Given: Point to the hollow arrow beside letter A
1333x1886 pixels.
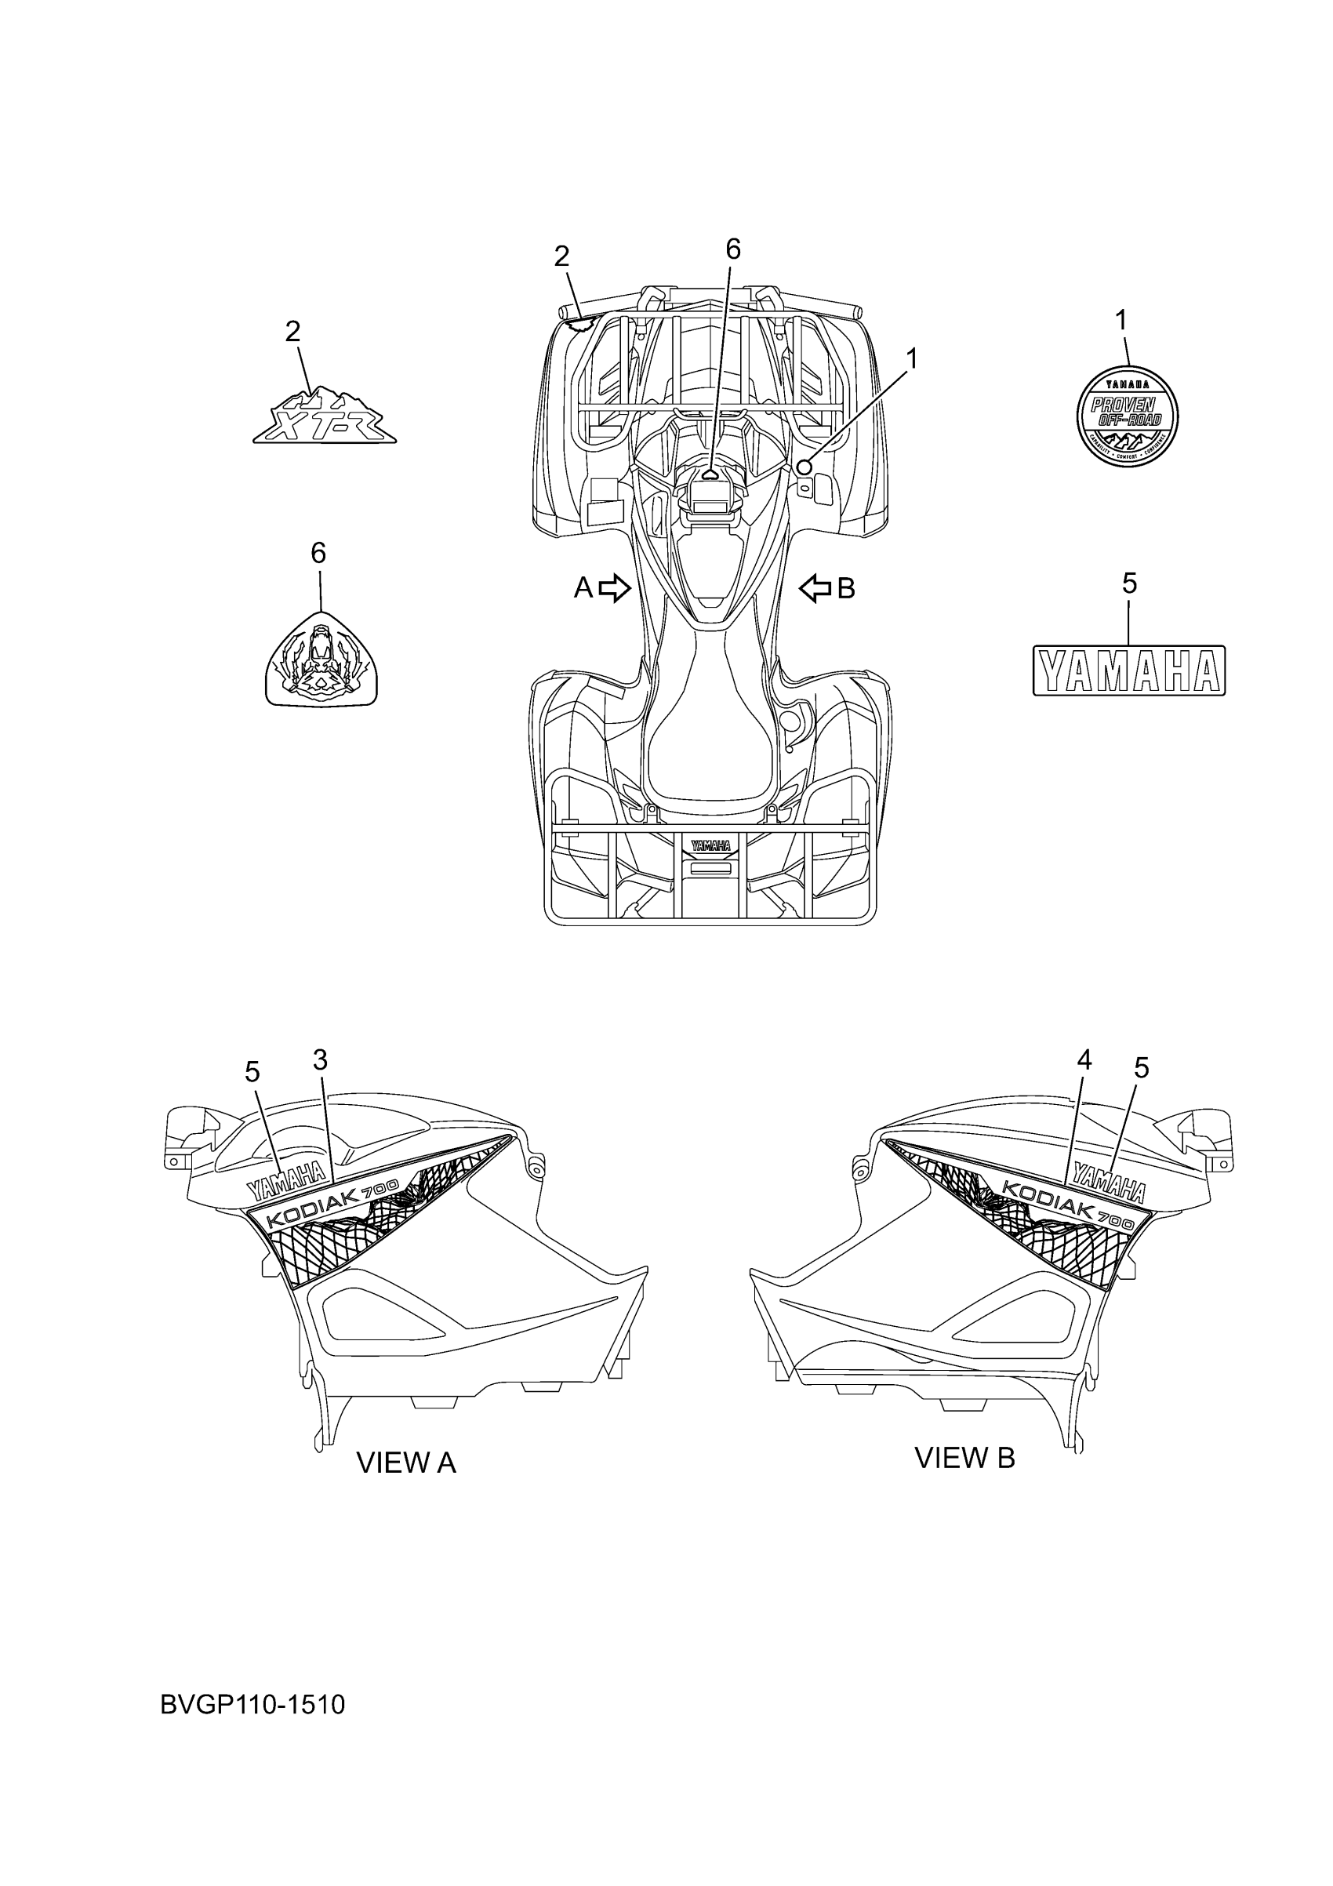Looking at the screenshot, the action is click(x=614, y=588).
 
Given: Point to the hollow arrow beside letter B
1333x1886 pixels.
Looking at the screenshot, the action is click(x=815, y=588).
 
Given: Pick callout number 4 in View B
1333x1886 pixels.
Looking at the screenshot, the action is click(x=1084, y=1060).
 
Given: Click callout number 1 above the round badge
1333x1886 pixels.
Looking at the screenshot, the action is click(x=1122, y=321).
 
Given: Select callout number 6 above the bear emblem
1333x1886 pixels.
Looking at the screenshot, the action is click(x=318, y=553).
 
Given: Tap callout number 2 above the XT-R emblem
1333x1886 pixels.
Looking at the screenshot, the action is click(x=292, y=332).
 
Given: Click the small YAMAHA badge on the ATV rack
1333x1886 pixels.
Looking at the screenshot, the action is click(x=710, y=846).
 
